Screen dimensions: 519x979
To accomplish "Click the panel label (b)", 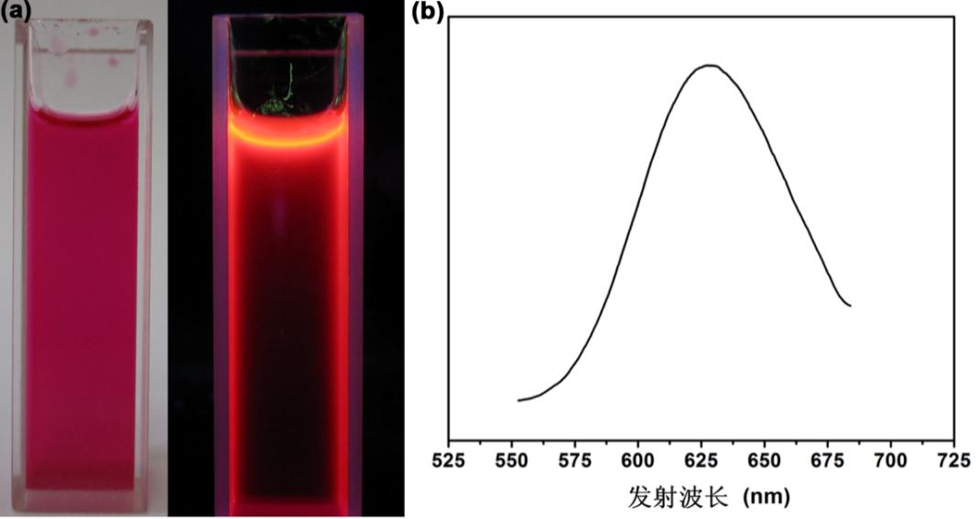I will click(430, 11).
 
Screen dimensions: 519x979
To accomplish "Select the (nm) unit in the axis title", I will click(765, 497).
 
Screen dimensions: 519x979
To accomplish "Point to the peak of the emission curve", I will click(709, 65).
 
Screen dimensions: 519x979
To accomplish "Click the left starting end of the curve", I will click(518, 400).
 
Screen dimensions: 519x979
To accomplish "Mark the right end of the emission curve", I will click(851, 306).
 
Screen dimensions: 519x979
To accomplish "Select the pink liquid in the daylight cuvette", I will click(82, 302).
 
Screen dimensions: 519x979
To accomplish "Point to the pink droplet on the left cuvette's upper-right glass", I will click(114, 62).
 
